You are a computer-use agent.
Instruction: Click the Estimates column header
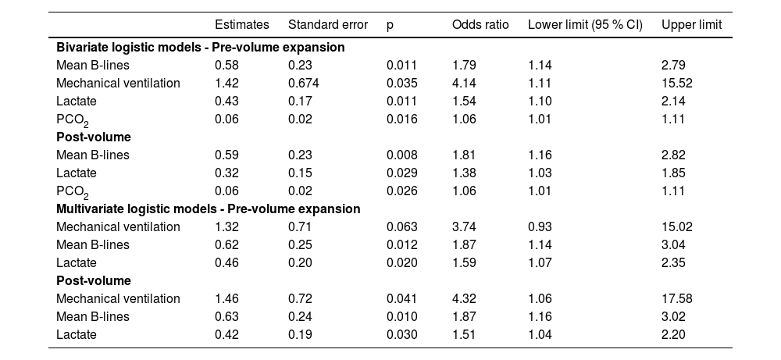point(241,25)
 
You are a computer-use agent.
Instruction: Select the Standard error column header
point(328,25)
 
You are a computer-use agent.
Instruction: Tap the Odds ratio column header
point(480,25)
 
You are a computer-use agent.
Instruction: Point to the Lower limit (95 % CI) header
point(585,25)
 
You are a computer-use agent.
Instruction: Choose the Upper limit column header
point(691,25)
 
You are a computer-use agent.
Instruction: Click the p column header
point(390,26)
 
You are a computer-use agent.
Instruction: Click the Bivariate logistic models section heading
point(200,48)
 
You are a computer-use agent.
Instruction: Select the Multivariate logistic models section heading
point(209,209)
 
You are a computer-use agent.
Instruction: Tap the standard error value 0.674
point(303,83)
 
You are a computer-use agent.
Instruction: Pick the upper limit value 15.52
point(676,83)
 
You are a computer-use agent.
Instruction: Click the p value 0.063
point(402,226)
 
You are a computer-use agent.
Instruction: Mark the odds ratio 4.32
point(464,298)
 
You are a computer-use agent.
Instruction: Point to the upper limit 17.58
point(676,298)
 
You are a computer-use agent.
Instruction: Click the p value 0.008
point(402,155)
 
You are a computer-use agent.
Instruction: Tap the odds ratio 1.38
point(464,173)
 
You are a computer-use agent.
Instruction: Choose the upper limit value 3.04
point(673,244)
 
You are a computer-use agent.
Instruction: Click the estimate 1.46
point(226,298)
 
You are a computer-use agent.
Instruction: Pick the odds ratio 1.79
point(464,66)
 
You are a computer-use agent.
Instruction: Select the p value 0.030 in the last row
point(402,334)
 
